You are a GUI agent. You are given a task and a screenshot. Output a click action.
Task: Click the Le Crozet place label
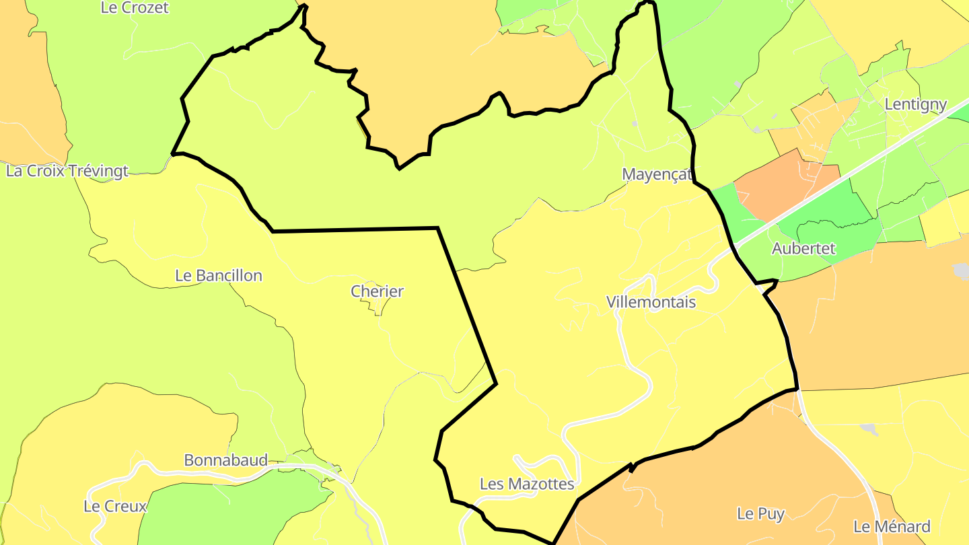tap(134, 7)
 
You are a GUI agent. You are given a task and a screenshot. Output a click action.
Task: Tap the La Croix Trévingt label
tap(67, 171)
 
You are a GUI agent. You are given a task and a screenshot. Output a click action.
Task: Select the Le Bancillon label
tap(218, 275)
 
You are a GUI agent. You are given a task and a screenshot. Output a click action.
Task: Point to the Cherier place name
tap(377, 291)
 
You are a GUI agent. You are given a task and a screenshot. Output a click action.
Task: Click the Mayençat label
tap(657, 174)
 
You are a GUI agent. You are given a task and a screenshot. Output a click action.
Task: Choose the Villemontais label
tap(651, 302)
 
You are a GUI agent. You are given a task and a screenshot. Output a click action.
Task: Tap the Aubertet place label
tap(803, 248)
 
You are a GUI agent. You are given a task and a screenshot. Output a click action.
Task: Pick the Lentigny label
tap(916, 104)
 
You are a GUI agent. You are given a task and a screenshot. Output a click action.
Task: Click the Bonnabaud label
tap(225, 461)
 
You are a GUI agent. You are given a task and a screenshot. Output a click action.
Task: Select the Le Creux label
tap(115, 506)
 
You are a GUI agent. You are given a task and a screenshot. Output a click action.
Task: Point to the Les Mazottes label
tap(527, 484)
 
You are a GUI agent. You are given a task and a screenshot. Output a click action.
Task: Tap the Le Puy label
tap(760, 513)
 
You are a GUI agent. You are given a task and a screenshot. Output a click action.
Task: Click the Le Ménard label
tap(892, 526)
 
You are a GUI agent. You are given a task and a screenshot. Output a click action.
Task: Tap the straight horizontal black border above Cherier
tap(357, 230)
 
